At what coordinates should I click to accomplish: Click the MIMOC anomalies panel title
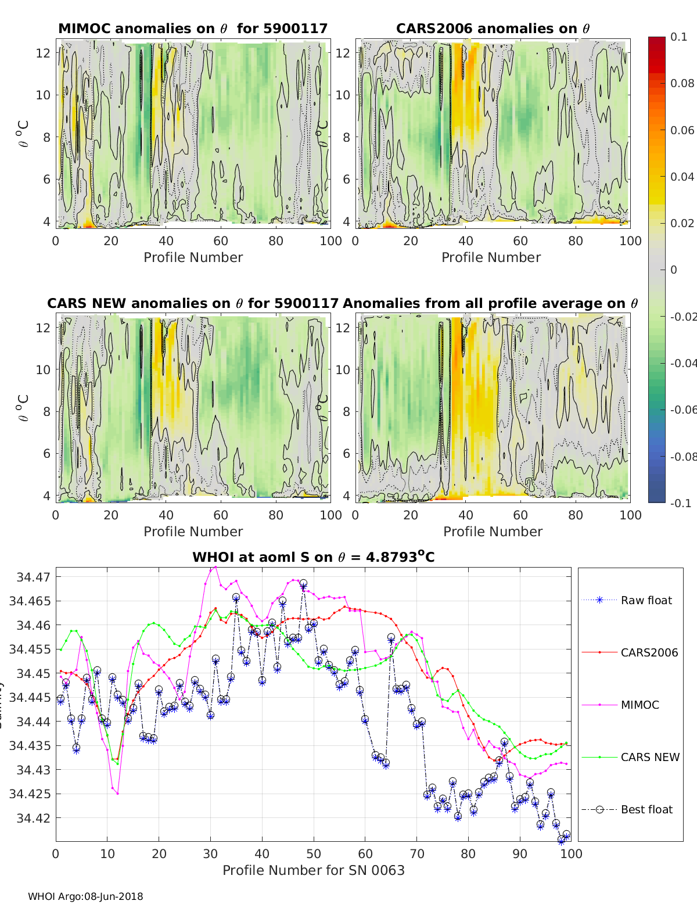click(x=193, y=28)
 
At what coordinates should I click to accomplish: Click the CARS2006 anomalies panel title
click(x=493, y=28)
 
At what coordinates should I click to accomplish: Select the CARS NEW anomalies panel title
click(x=193, y=303)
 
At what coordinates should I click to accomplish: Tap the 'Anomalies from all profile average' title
click(x=490, y=303)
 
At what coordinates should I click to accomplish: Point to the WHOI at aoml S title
click(x=313, y=557)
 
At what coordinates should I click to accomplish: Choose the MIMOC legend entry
click(x=639, y=705)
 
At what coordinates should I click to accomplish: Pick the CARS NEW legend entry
click(x=649, y=757)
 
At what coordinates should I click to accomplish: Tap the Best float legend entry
click(x=646, y=809)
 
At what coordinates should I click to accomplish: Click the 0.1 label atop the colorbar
click(x=678, y=37)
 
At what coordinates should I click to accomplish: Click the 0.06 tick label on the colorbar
click(x=682, y=130)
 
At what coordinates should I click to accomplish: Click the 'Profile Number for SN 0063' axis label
click(x=313, y=870)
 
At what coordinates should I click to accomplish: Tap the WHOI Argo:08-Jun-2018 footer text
click(x=85, y=896)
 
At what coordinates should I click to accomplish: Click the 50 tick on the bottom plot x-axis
click(x=314, y=853)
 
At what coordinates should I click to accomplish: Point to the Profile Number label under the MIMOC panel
click(x=193, y=257)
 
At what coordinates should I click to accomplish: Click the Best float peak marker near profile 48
click(x=303, y=583)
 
